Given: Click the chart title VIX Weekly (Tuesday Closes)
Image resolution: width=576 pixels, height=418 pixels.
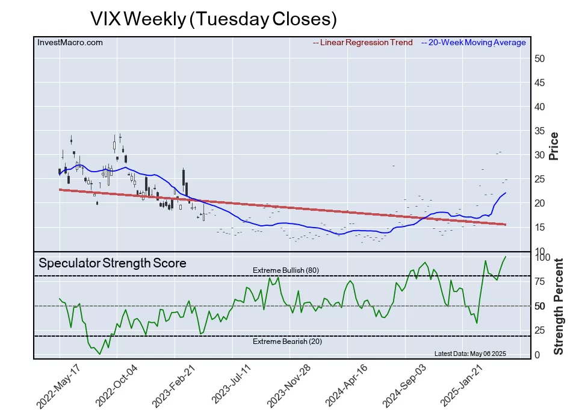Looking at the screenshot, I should [x=213, y=19].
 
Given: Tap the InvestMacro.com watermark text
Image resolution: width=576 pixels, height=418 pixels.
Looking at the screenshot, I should [x=70, y=42].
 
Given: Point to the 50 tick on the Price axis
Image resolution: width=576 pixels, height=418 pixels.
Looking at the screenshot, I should [x=540, y=58].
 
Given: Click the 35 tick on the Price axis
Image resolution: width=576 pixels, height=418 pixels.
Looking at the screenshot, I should [x=540, y=131].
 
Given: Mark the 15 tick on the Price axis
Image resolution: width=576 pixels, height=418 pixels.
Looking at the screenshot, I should [x=540, y=227].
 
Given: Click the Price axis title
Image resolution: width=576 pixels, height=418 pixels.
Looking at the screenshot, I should [x=554, y=146].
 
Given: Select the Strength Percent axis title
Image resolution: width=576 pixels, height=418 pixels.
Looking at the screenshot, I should [x=559, y=306].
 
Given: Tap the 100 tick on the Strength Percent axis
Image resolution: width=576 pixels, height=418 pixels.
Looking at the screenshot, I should [x=543, y=257].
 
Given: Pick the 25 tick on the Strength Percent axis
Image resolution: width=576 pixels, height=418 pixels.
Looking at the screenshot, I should [x=540, y=330].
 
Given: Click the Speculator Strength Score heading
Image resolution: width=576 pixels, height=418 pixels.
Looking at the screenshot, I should [x=113, y=263].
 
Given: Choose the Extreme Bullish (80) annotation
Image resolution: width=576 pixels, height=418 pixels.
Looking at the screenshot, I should [x=285, y=270].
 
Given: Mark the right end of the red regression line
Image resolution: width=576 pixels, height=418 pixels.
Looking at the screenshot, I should [x=506, y=225].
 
